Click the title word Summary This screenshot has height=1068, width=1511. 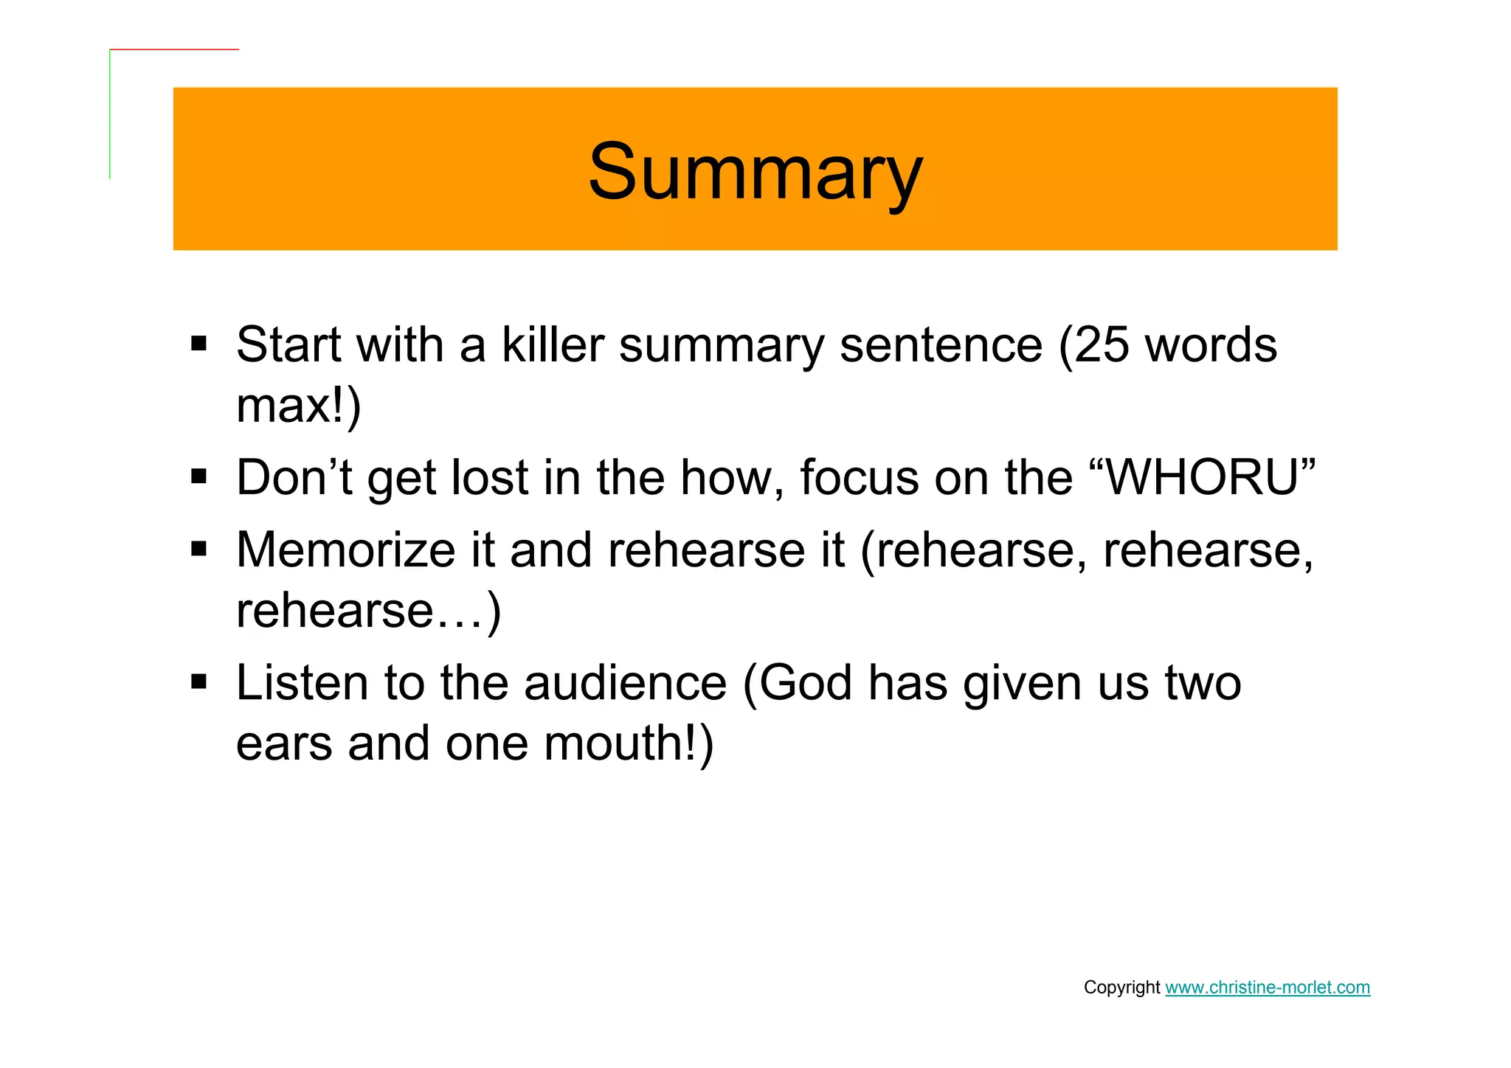click(x=755, y=172)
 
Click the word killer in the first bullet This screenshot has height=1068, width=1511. click(x=553, y=345)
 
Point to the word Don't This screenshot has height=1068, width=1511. click(x=294, y=478)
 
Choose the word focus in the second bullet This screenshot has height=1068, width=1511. click(x=859, y=478)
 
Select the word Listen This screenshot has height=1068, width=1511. click(x=301, y=683)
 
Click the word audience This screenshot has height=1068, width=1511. click(x=626, y=683)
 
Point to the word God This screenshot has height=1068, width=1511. click(x=806, y=683)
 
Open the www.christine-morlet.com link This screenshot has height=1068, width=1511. click(x=1267, y=988)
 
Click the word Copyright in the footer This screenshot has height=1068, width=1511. click(x=1121, y=988)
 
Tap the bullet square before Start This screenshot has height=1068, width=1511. click(x=198, y=344)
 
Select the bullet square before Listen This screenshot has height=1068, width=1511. click(x=198, y=681)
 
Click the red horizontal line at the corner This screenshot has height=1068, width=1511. click(x=174, y=49)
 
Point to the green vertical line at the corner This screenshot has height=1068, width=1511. click(x=110, y=114)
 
